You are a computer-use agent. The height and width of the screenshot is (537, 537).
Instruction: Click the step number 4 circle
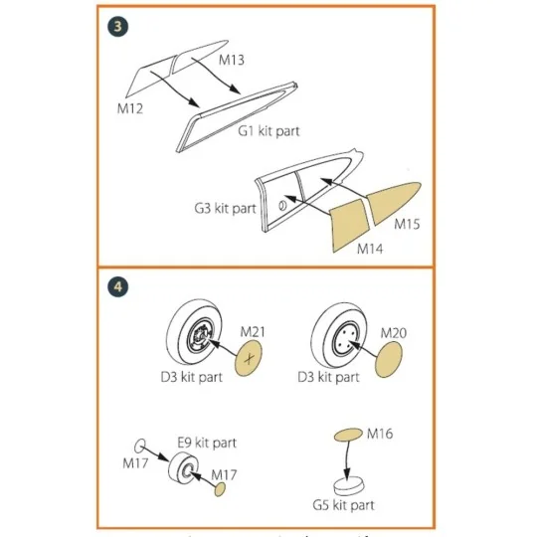coord(117,286)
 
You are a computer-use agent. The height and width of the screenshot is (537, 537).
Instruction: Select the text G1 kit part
coord(268,130)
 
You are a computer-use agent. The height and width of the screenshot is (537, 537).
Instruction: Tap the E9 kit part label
coord(207,443)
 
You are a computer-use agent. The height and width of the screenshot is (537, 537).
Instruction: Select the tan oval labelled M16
coord(347,435)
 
